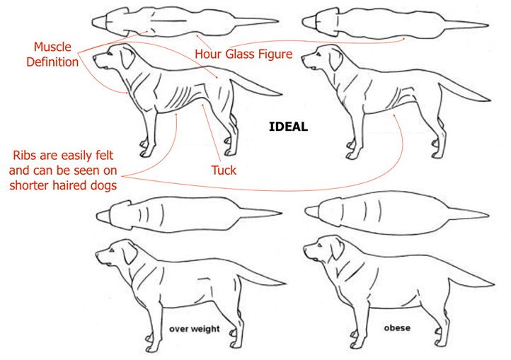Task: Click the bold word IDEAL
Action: (288, 127)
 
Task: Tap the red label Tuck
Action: (224, 170)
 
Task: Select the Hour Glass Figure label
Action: (243, 54)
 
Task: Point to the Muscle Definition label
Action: (52, 54)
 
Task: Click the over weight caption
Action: (194, 329)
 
